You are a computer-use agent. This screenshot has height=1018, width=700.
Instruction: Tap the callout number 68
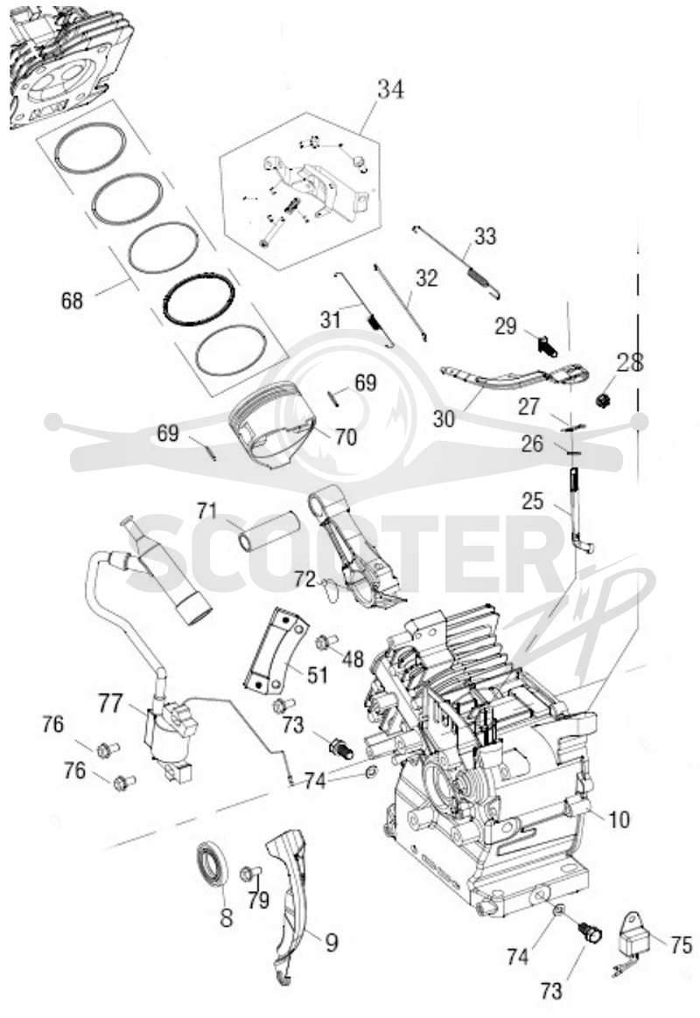[72, 301]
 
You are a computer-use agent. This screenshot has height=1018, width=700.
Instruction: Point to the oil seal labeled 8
[214, 863]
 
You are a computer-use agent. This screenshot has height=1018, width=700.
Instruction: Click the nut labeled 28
[604, 400]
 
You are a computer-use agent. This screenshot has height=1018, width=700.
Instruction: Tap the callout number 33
[485, 236]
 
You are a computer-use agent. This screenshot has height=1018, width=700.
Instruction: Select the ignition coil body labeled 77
[170, 738]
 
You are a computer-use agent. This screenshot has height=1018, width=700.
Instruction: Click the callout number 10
[619, 819]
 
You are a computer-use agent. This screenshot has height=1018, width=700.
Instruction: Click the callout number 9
[331, 942]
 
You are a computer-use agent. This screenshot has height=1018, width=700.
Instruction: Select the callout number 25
[533, 501]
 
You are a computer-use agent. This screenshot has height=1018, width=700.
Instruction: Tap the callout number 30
[444, 419]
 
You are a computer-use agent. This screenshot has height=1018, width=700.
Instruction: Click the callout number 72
[304, 578]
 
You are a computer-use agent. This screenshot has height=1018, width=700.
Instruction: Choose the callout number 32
[427, 278]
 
